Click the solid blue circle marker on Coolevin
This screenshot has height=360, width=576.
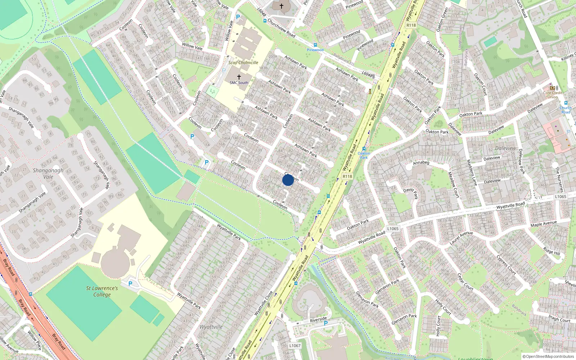pos(288,180)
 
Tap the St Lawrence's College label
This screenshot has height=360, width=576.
pos(102,291)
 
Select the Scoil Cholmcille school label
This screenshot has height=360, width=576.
pos(243,63)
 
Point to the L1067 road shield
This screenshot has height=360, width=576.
pos(295,346)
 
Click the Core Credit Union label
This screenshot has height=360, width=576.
pos(553,95)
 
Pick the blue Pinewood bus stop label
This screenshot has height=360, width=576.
pos(315,50)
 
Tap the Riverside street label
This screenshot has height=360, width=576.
pos(318,319)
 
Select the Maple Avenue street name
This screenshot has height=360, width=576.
pos(544,224)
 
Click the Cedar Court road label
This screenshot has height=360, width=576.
pos(465,282)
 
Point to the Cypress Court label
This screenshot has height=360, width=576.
pos(507,265)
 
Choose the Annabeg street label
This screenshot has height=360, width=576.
pos(421,163)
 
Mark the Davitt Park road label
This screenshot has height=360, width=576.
pos(411,193)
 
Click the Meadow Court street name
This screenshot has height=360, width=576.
pos(454,184)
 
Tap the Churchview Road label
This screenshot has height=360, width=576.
pos(281,28)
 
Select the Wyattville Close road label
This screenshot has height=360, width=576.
pos(264,303)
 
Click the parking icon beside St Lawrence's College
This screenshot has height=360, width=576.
pos(130,284)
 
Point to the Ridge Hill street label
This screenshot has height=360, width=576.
pos(552,251)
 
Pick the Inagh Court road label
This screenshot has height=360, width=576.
pos(559,318)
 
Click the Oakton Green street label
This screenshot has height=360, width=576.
pos(442,20)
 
